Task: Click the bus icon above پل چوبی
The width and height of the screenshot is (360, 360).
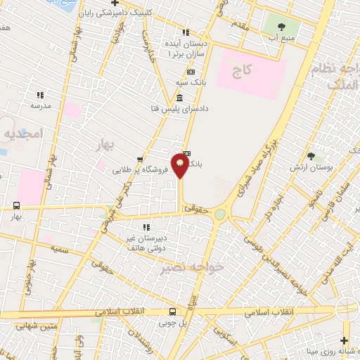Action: (173, 311)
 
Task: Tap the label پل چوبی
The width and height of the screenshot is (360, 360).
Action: (173, 324)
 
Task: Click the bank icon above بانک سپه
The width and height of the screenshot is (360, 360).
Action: (191, 72)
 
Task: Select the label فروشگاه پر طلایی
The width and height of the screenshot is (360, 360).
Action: (141, 169)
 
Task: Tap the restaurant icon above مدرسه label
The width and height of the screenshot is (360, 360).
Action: (40, 94)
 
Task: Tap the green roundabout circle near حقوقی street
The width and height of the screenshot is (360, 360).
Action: (220, 214)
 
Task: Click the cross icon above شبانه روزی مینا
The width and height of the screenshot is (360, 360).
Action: (344, 340)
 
